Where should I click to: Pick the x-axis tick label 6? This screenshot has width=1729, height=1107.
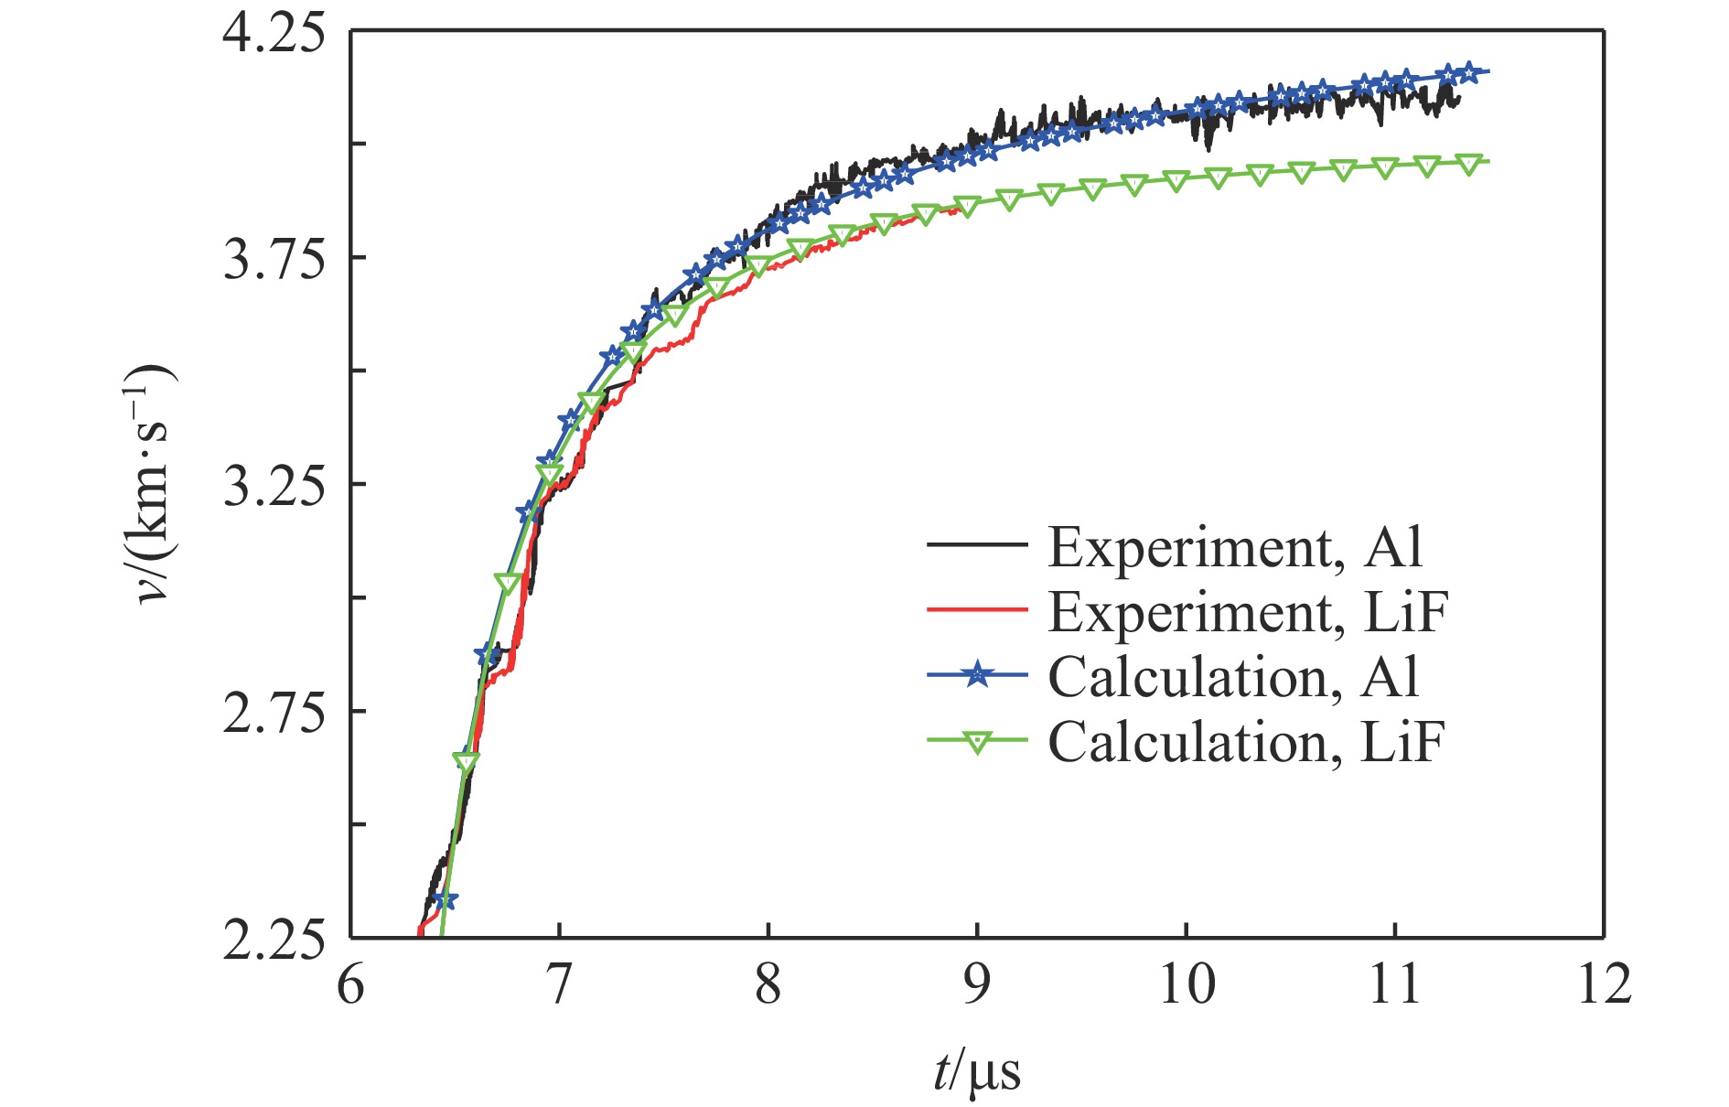[x=351, y=986]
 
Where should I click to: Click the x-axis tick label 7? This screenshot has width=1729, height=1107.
[x=560, y=986]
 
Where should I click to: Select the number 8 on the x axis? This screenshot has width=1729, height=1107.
[x=768, y=986]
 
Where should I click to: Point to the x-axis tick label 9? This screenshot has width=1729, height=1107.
[x=977, y=986]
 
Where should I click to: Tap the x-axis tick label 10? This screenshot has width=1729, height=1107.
[x=1187, y=986]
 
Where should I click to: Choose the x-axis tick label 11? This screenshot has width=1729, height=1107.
[x=1395, y=986]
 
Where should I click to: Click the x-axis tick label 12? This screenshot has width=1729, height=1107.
[x=1604, y=986]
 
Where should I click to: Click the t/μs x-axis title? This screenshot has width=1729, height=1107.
[x=977, y=1070]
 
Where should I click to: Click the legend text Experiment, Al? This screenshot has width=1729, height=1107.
[x=1235, y=547]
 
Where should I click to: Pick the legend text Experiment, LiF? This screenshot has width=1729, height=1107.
[x=1248, y=611]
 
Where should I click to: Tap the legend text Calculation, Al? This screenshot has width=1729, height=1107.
[x=1233, y=677]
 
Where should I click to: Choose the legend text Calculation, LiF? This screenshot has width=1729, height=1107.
[x=1246, y=741]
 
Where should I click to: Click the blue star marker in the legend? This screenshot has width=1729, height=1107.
[x=977, y=676]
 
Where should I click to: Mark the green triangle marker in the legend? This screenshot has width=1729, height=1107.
[x=977, y=741]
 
